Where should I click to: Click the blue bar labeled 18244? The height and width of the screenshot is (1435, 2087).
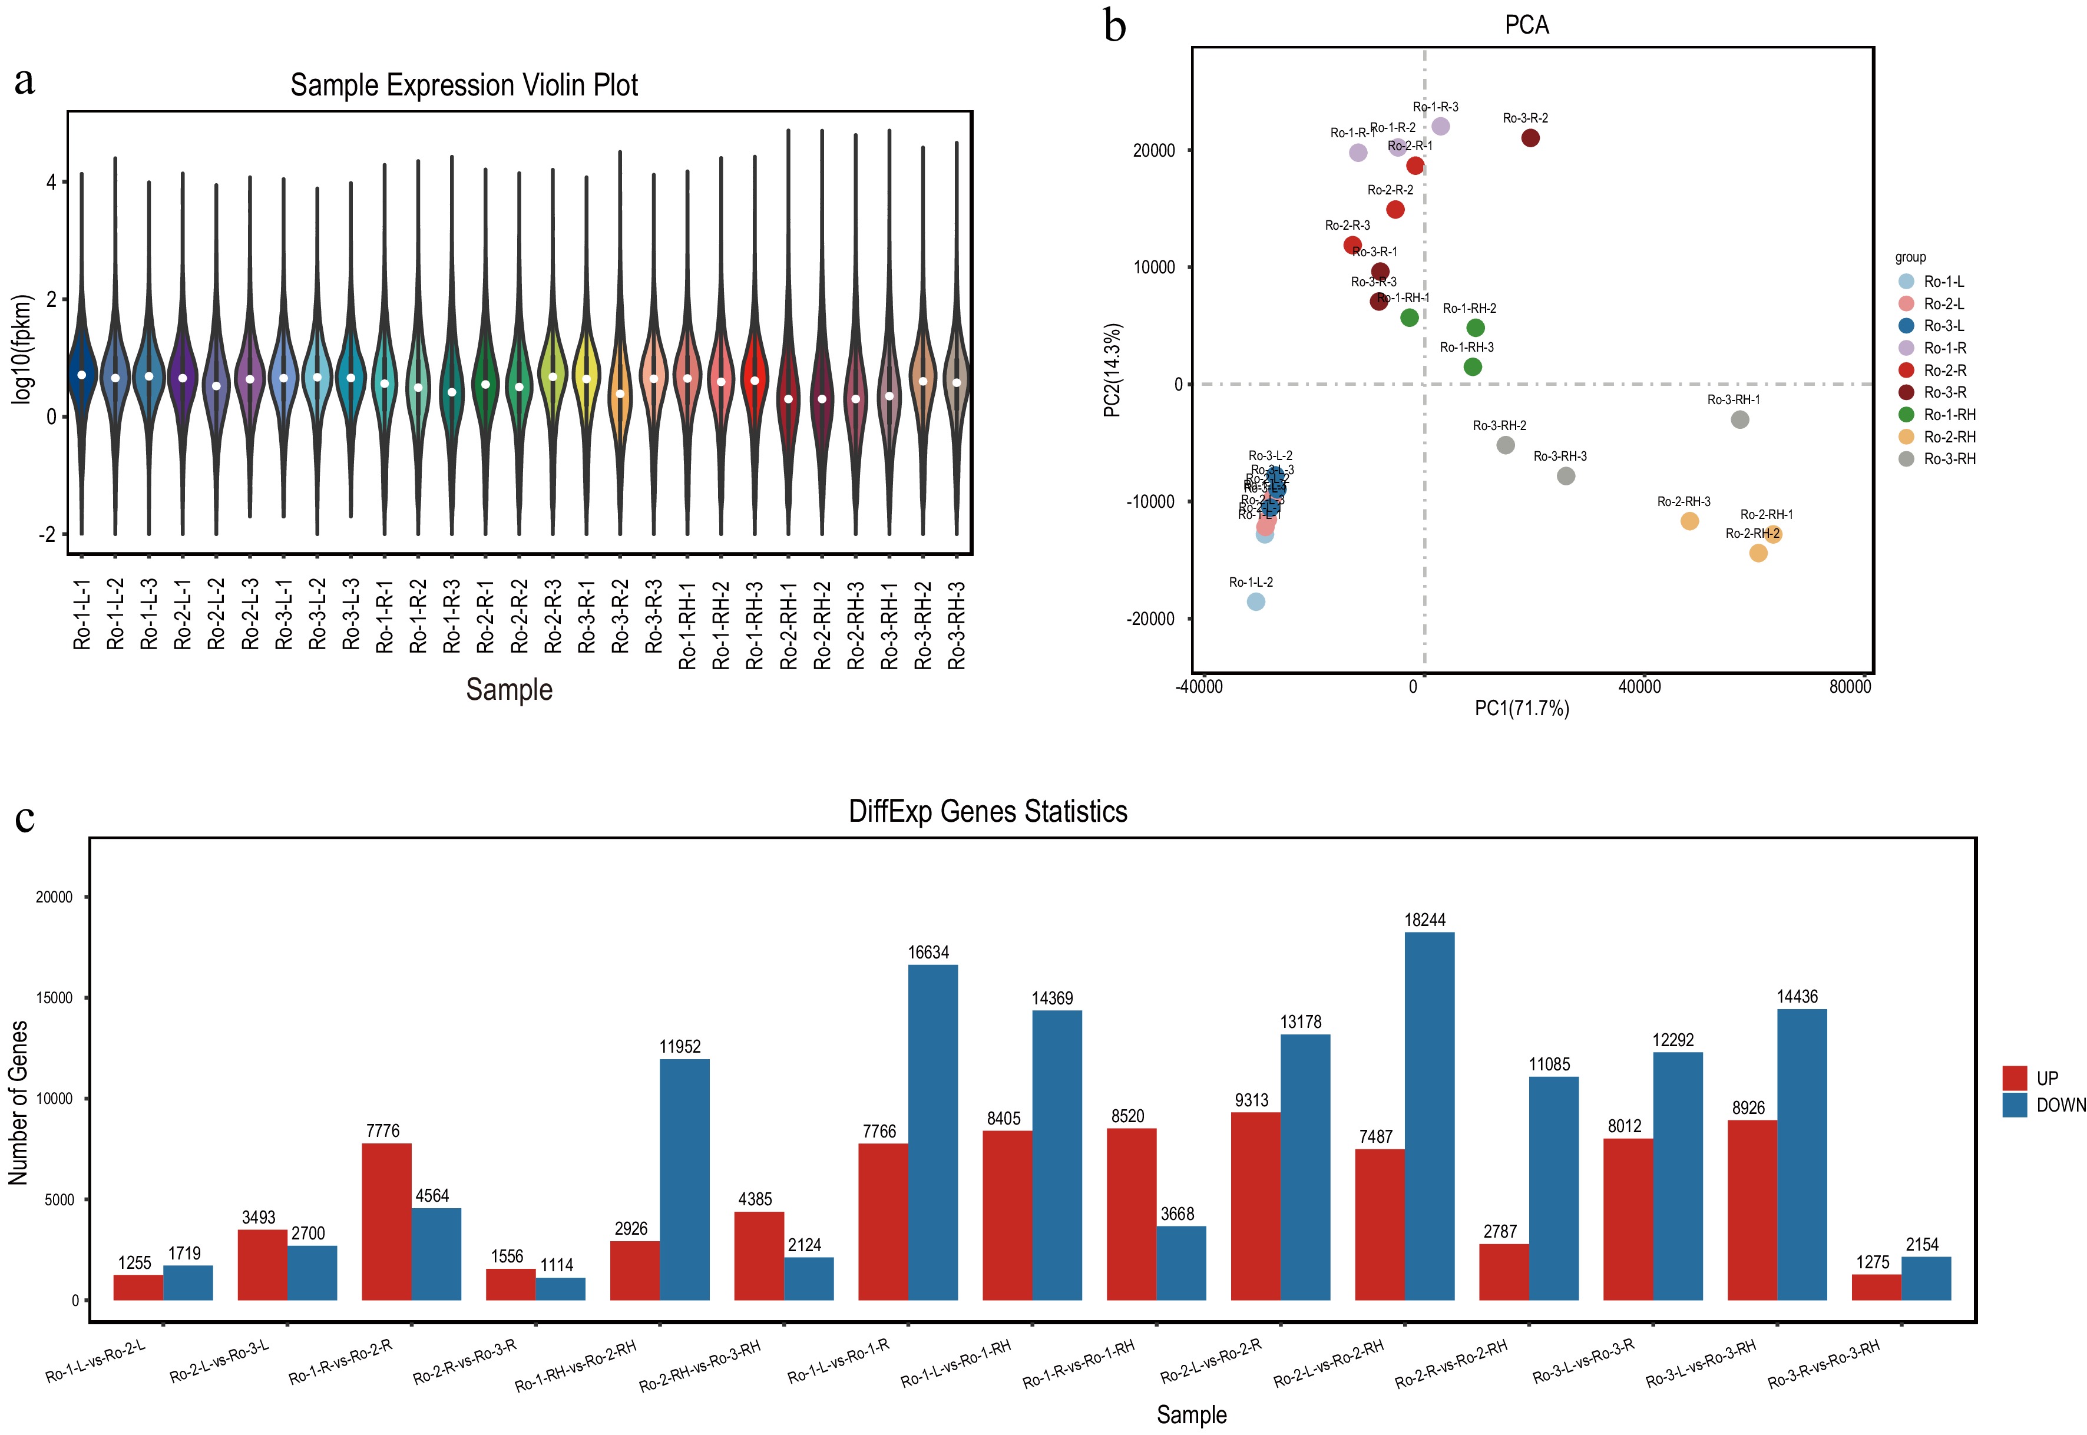1428,1116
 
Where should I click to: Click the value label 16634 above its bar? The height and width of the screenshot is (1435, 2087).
928,952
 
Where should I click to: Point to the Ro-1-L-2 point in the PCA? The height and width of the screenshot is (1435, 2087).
1256,601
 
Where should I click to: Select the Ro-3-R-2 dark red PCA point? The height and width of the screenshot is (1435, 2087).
1530,138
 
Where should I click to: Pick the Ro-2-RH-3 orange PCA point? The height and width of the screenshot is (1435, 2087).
1689,521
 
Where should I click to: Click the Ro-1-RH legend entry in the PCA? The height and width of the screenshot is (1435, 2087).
1949,415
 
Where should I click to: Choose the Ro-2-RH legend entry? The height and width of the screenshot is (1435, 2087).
1949,437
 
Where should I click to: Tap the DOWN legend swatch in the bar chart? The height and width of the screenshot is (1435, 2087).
2014,1105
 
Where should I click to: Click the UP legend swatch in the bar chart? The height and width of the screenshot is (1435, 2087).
2014,1077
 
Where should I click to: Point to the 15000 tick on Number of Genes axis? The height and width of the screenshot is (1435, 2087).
54,998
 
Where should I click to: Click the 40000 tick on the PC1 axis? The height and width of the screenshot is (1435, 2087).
1639,687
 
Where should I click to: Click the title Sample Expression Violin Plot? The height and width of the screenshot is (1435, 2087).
464,85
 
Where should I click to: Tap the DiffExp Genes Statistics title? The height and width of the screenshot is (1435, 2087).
988,811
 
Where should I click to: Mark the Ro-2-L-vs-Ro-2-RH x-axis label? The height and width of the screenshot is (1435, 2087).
1328,1363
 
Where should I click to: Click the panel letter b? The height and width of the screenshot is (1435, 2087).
1114,26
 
